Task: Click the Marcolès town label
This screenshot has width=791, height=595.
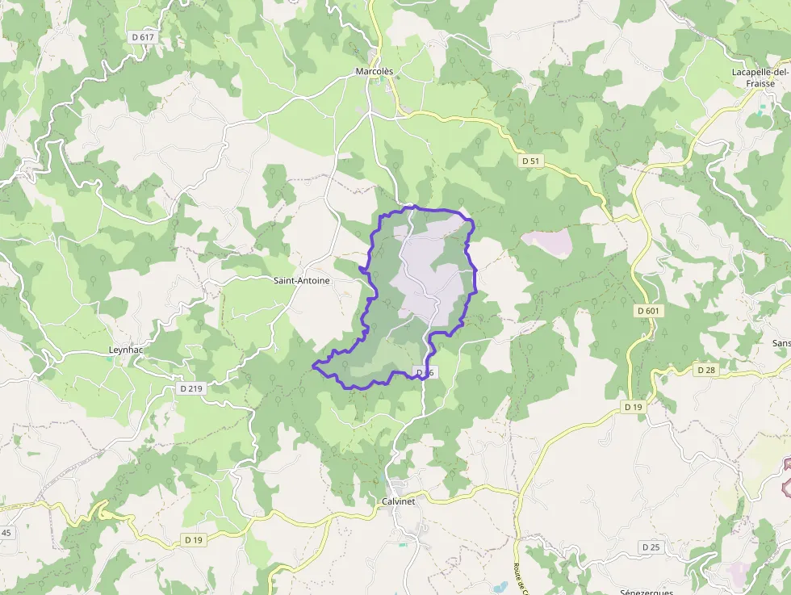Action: [x=375, y=71]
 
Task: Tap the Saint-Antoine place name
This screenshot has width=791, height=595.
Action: [x=302, y=280]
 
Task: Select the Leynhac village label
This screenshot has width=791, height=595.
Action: [x=126, y=350]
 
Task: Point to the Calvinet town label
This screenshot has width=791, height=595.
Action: [x=397, y=501]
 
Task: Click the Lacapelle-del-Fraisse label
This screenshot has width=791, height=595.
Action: [x=752, y=78]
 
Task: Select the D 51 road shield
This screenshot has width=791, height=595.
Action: [x=530, y=161]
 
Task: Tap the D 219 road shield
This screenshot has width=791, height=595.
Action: [x=191, y=388]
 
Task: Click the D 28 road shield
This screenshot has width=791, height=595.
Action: [x=705, y=369]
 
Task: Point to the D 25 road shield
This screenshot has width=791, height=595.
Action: [x=651, y=547]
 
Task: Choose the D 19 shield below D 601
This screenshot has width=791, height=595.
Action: [x=634, y=408]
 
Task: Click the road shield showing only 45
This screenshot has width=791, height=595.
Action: [x=6, y=533]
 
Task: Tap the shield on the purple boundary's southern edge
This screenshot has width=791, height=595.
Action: [x=425, y=372]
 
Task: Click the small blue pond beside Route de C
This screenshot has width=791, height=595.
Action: [x=500, y=586]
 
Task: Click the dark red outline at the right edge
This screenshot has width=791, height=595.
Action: [x=785, y=476]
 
